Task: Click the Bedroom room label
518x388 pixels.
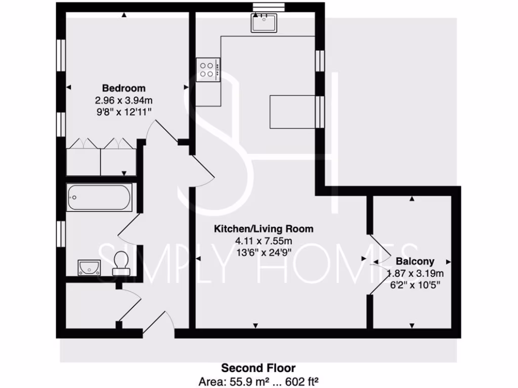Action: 124,88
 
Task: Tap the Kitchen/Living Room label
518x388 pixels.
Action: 264,229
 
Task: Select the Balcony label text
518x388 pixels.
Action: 415,262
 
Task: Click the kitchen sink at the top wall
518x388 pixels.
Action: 264,23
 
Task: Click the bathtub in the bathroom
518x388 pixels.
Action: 99,197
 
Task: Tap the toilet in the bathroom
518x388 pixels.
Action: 121,262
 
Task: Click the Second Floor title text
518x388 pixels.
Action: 258,368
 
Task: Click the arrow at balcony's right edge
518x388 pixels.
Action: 448,262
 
